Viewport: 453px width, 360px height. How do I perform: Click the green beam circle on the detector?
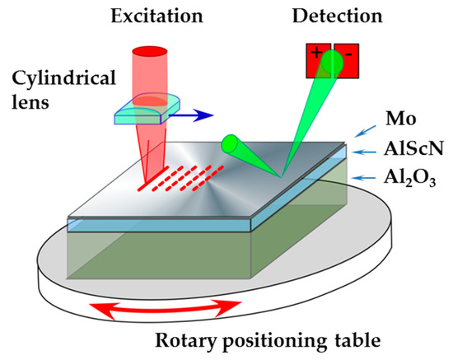pyautogui.click(x=332, y=59)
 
